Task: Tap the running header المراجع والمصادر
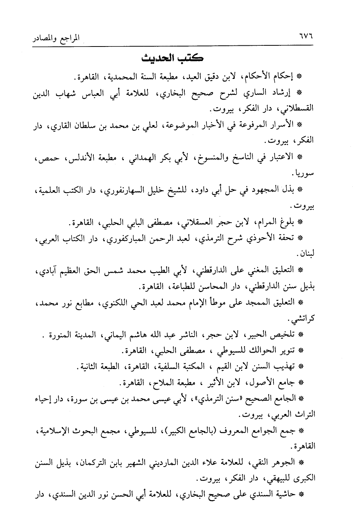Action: tap(57, 39)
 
